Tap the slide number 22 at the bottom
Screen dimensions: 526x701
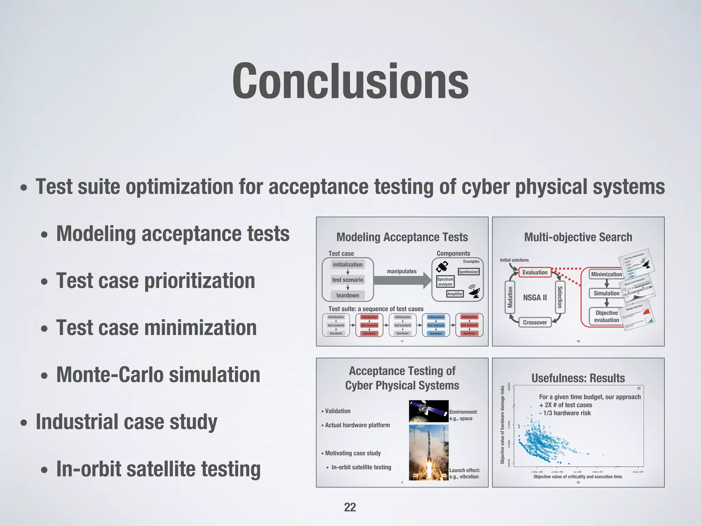pos(350,507)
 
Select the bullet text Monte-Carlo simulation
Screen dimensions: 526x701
pos(158,375)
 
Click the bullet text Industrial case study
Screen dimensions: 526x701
pos(126,422)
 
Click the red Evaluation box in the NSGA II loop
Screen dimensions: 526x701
pos(535,272)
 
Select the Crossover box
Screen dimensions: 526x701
pos(535,322)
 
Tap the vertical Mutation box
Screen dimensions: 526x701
pos(510,297)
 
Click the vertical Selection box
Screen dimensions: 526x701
pos(560,297)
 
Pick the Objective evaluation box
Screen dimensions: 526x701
pos(606,316)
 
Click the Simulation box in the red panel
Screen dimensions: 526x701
pos(606,293)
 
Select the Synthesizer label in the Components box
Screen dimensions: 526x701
pos(469,272)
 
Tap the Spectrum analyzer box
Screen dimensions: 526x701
pos(445,281)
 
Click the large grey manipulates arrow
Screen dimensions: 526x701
pos(402,280)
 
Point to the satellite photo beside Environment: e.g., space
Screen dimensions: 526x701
pos(429,411)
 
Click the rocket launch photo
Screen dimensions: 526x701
pos(429,452)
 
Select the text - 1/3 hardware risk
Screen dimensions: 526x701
pos(565,413)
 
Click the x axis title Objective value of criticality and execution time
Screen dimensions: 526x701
pos(577,477)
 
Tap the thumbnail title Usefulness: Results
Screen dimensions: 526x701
pos(578,378)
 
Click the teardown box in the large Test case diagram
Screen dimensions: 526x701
pos(347,295)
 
